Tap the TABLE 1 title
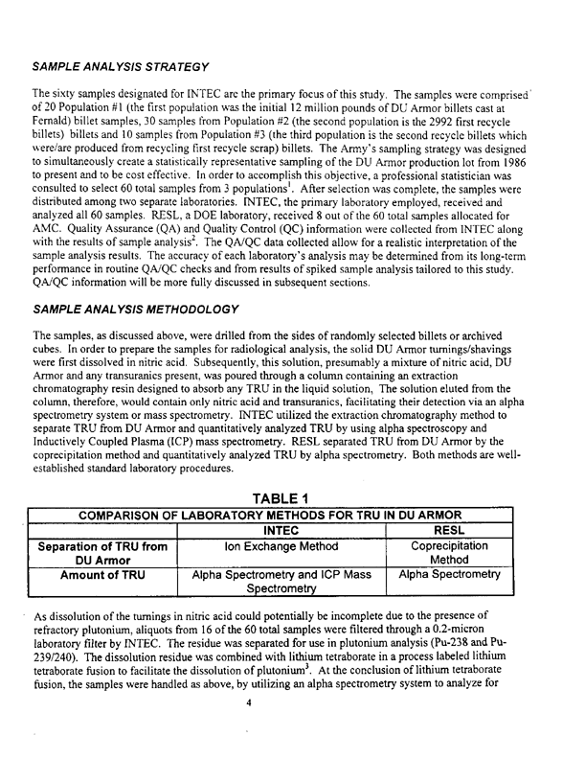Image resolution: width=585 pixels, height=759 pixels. click(288, 496)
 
